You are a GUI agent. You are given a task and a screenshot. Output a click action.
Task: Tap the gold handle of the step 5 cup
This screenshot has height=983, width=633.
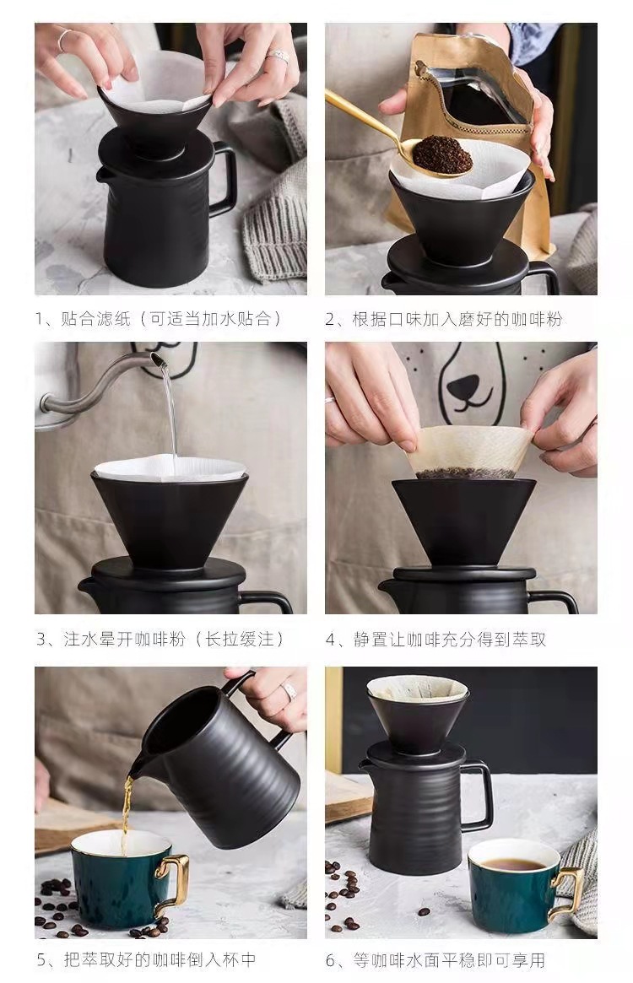point(172,881)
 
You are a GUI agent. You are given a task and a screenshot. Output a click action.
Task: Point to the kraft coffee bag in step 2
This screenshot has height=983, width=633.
point(478,126)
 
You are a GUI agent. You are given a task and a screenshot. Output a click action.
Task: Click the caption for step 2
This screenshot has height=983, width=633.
point(444,319)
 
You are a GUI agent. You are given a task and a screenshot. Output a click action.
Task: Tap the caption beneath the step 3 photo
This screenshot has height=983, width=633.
point(160,639)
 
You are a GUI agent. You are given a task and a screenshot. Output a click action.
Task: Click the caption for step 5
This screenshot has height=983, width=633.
point(146,960)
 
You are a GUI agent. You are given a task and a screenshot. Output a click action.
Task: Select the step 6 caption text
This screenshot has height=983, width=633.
point(436,960)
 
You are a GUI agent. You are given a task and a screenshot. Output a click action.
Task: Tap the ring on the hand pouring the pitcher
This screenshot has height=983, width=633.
point(289,691)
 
